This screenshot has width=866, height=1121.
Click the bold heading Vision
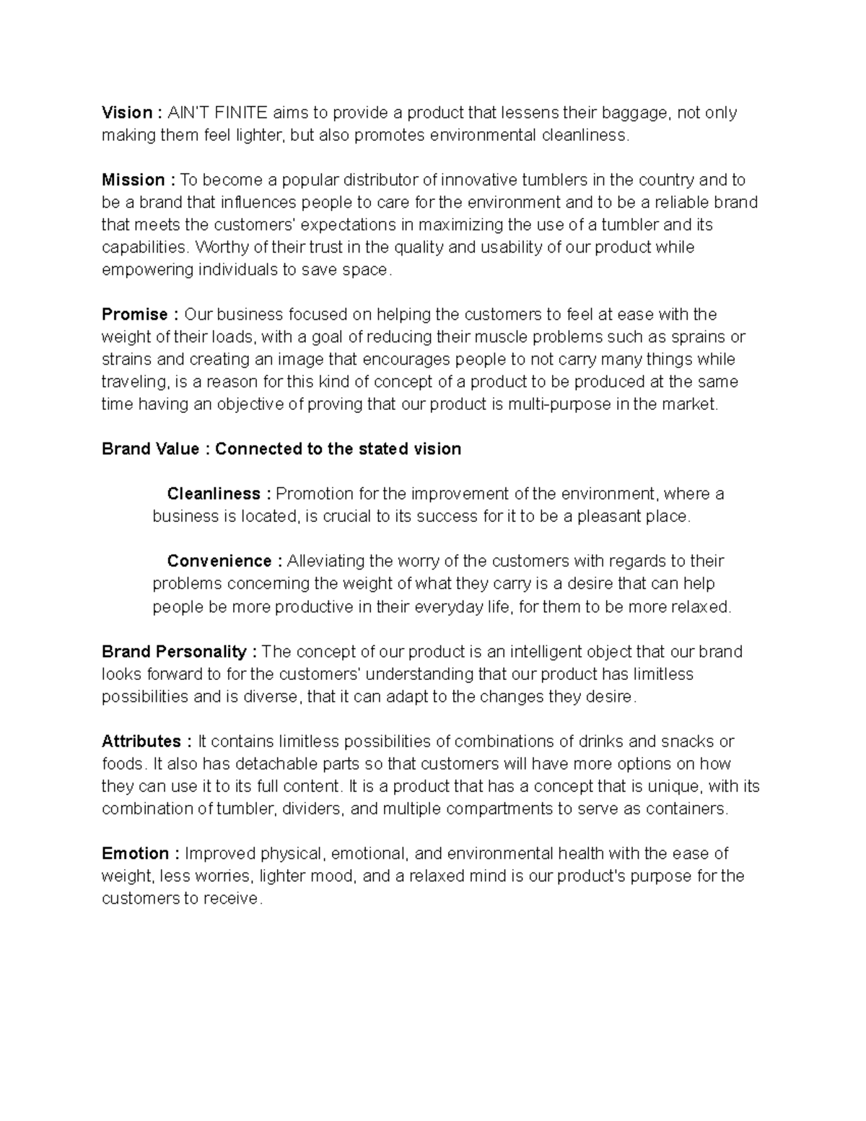point(127,113)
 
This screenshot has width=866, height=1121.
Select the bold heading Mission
point(134,180)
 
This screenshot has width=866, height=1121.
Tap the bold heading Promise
point(135,314)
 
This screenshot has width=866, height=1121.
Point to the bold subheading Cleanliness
point(214,494)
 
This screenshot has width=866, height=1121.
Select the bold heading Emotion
point(136,853)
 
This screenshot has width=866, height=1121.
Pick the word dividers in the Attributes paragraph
point(312,808)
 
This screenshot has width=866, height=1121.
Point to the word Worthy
point(220,247)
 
